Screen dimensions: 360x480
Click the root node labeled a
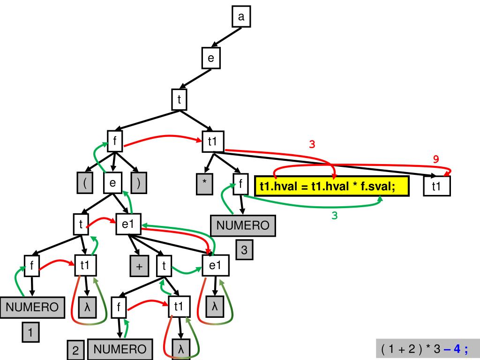click(x=241, y=17)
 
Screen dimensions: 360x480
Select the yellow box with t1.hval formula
click(x=332, y=187)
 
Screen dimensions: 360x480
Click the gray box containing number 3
click(x=244, y=250)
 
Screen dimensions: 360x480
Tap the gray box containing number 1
click(x=30, y=333)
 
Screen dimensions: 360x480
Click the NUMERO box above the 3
click(x=243, y=226)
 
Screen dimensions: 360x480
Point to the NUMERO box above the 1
click(x=32, y=307)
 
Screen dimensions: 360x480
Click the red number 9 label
click(x=436, y=159)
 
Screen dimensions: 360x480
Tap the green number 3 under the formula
click(x=335, y=216)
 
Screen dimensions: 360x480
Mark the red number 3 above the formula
click(x=312, y=144)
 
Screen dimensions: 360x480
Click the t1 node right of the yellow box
click(x=436, y=186)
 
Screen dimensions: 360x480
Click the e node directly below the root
click(x=211, y=58)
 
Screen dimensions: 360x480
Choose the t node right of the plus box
click(x=164, y=266)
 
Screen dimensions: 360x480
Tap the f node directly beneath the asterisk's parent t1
click(x=240, y=184)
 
